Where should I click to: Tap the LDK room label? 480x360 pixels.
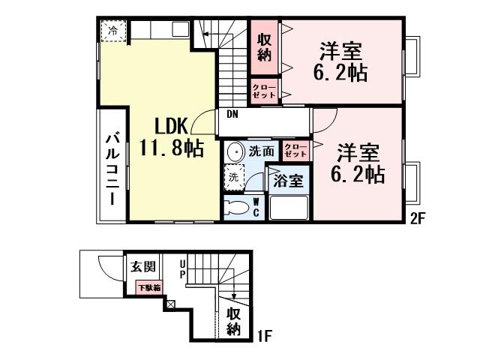point(171,124)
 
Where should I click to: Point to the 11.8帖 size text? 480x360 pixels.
point(172,148)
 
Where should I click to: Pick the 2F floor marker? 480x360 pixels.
point(418,220)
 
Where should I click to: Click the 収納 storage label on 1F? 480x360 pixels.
point(234,320)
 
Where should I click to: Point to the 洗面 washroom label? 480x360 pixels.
point(261,151)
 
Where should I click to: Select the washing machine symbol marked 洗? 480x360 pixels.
point(234,178)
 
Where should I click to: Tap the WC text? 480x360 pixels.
point(256,207)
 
